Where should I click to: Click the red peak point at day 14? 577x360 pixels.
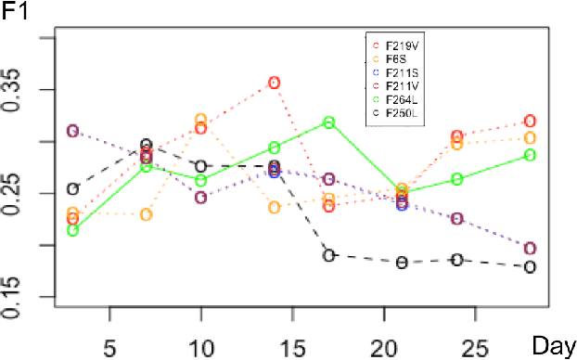275,83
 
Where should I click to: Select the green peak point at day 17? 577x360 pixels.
328,122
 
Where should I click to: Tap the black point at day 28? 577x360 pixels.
530,267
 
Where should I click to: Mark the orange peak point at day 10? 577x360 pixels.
200,120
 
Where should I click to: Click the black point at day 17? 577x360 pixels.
328,255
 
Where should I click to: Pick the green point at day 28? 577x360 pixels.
530,155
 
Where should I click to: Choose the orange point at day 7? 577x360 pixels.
147,214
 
